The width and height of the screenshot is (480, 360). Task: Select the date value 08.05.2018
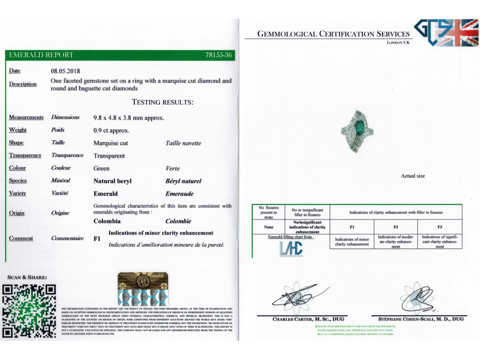click(66, 71)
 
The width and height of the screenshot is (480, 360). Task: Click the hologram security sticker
click(143, 289)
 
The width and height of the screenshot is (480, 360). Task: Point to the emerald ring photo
click(358, 131)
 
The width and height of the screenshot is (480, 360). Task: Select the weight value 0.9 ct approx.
click(112, 130)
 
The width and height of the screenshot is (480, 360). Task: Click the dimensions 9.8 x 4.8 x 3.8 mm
click(129, 118)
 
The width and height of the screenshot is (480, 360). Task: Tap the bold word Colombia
click(107, 221)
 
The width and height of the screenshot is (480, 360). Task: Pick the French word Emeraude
click(180, 194)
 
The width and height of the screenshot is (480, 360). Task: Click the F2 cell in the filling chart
click(396, 227)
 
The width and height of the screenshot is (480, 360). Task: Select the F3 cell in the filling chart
click(440, 227)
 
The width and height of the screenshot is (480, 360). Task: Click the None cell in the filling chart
click(269, 227)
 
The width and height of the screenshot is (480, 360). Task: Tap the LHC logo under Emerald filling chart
click(291, 249)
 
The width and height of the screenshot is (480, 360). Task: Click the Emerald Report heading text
click(41, 55)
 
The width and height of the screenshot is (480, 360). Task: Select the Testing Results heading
click(163, 102)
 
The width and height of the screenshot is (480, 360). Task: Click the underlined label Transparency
click(25, 156)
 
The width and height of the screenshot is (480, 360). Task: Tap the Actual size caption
click(413, 176)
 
